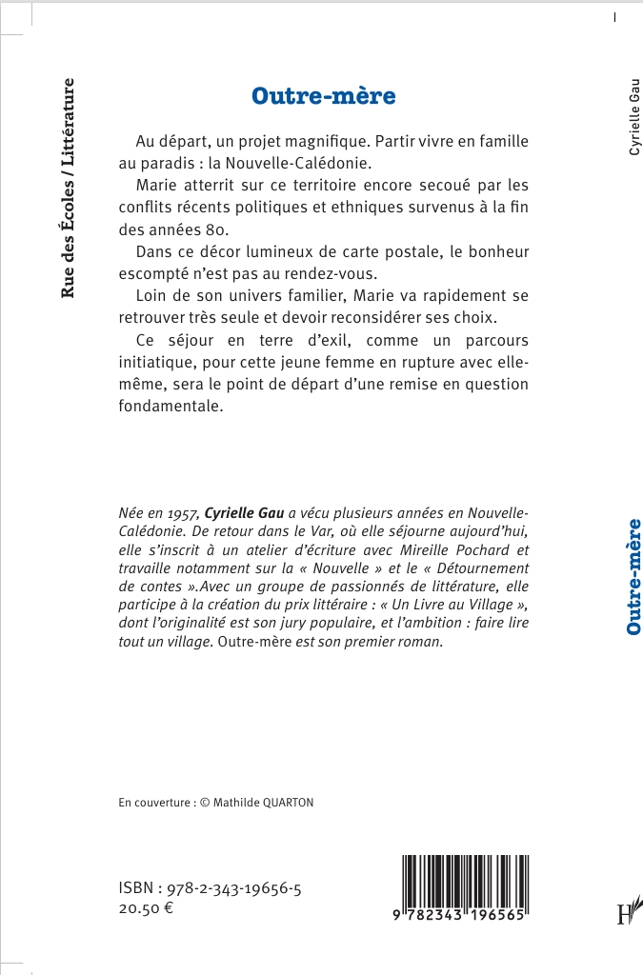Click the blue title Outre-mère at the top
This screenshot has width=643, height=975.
323,96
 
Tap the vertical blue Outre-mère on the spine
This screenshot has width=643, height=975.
632,577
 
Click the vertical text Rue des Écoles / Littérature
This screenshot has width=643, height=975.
69,189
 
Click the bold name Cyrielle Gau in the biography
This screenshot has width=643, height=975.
245,511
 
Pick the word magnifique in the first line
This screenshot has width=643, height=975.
323,141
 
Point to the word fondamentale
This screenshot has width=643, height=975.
170,407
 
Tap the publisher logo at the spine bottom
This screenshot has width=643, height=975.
627,912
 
